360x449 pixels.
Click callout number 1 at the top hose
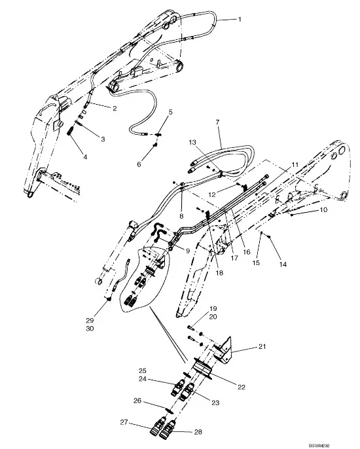[240, 20]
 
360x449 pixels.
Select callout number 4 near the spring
[85, 157]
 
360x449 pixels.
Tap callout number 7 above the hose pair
[217, 122]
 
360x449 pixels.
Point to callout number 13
[192, 142]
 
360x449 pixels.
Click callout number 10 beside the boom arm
[323, 210]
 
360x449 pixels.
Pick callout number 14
[283, 264]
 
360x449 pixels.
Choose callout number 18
[219, 273]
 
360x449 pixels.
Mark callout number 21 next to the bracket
[262, 346]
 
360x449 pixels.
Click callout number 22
[242, 387]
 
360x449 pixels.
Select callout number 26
[137, 401]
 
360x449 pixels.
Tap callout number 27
[124, 422]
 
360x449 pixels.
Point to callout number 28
[198, 432]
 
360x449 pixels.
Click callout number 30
[90, 329]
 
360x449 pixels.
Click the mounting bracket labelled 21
[223, 351]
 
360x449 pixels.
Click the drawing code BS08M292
[319, 446]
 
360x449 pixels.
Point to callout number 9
[188, 251]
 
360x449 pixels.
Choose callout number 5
[171, 112]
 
